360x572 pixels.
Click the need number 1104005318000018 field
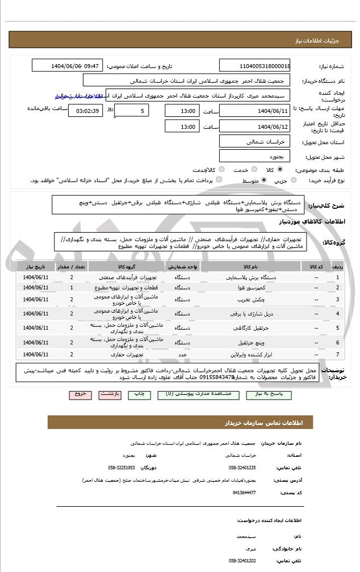pyautogui.click(x=256, y=65)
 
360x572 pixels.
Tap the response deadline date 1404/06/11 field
pyautogui.click(x=256, y=111)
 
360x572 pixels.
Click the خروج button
pyautogui.click(x=79, y=394)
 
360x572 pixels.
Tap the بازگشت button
pyautogui.click(x=110, y=394)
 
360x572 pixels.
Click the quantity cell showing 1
pyautogui.click(x=72, y=288)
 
